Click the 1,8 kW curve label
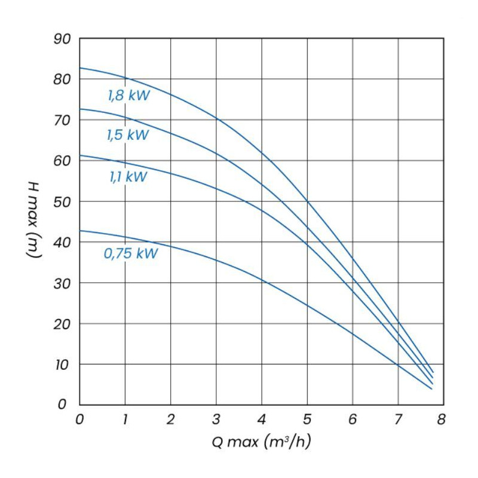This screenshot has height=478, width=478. pos(128,95)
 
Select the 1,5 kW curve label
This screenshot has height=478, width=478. pos(127,135)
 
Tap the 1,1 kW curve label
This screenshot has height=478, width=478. pos(128,177)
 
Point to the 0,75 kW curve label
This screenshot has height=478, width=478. pos(131,253)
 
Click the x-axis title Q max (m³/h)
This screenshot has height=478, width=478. pos(262,442)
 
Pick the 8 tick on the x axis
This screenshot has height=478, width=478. pos(442,419)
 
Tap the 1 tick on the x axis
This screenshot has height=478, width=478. pos(125,419)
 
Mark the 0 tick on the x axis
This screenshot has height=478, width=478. pos(80,419)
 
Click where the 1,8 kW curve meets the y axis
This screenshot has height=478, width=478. pos(80,68)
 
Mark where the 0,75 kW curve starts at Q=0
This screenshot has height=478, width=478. pos(80,231)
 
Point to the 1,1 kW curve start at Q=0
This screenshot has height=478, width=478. pos(80,155)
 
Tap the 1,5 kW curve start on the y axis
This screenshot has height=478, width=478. pos(80,109)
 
